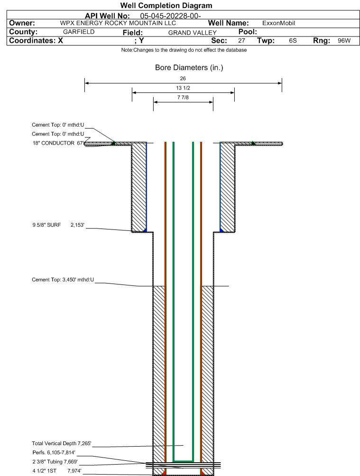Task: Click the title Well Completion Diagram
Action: click(x=166, y=6)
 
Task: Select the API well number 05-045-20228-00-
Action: click(x=170, y=16)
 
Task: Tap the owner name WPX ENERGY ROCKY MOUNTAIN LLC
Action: click(x=118, y=23)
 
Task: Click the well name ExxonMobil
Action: click(x=278, y=23)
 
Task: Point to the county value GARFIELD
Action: click(x=79, y=32)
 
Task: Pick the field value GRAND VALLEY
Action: click(x=192, y=33)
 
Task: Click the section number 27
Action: click(x=241, y=41)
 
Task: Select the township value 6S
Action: click(x=293, y=41)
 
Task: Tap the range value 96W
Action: click(x=344, y=41)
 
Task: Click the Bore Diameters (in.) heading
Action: click(x=189, y=67)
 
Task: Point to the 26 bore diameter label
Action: click(x=183, y=78)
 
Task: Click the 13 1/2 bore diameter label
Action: click(x=183, y=88)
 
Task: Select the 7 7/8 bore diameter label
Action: click(x=183, y=97)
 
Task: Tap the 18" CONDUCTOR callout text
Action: click(x=58, y=143)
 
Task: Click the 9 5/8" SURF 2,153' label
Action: click(x=58, y=225)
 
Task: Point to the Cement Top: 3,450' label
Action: click(x=63, y=280)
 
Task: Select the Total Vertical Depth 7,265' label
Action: click(x=61, y=443)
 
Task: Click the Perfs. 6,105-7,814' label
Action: click(x=54, y=453)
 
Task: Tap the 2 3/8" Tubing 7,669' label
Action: click(x=55, y=462)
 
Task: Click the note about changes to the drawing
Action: click(x=184, y=50)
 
